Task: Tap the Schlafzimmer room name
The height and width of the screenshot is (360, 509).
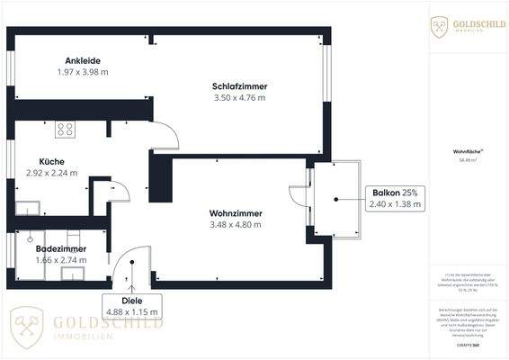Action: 239,85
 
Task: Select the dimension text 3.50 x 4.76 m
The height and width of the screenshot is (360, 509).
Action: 239,97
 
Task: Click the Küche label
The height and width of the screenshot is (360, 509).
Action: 39,160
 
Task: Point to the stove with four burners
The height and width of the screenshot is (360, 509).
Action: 65,129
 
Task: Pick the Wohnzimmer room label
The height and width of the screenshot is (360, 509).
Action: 236,213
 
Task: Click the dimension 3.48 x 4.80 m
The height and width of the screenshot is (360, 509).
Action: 236,225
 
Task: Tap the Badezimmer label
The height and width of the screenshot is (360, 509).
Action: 62,247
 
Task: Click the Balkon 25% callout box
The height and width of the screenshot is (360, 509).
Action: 396,198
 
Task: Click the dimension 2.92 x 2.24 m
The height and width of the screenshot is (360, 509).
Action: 52,172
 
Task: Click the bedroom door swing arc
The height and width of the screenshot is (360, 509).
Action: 165,136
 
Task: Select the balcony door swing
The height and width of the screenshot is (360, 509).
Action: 298,198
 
